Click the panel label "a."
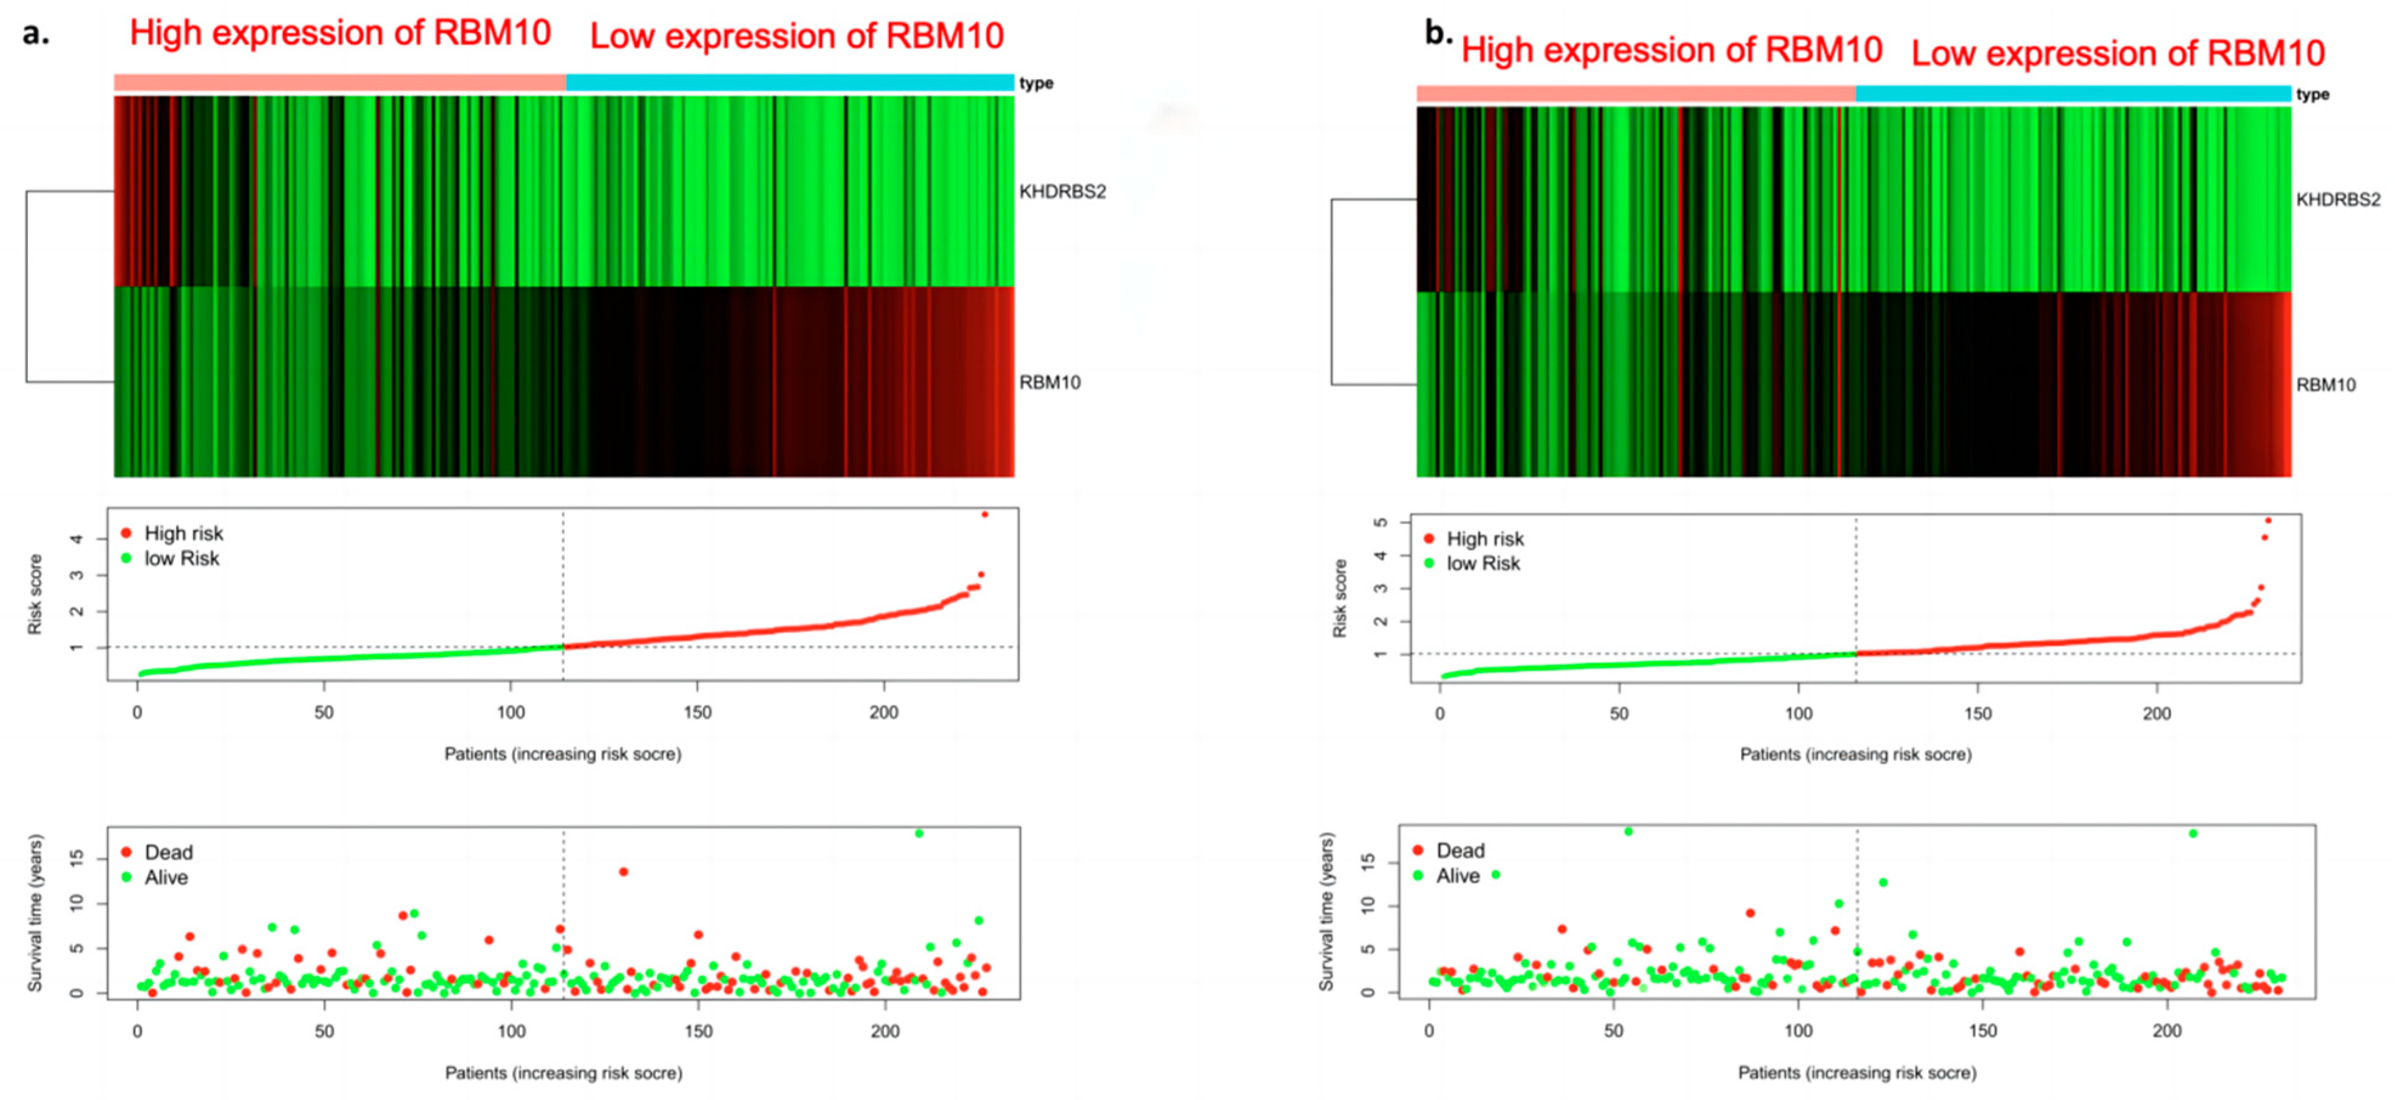[35, 35]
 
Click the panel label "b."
[1438, 35]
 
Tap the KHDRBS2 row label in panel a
[1062, 191]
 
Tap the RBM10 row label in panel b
[2325, 385]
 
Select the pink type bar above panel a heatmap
[339, 83]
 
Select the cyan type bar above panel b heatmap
[2073, 93]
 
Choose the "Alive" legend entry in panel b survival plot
[1457, 876]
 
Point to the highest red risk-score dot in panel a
[985, 514]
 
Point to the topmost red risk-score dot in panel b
[2268, 521]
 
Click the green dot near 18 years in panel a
[919, 833]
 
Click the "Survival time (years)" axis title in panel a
[35, 912]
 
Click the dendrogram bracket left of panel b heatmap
[1333, 292]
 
